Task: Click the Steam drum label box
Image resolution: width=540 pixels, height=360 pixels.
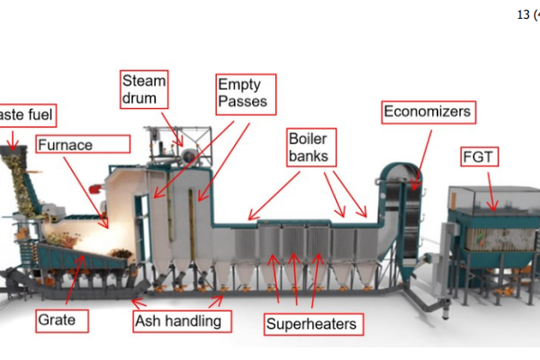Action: (x=144, y=88)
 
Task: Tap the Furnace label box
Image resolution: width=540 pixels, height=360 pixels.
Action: (x=82, y=143)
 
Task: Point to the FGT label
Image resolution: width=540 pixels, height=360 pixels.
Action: (x=480, y=158)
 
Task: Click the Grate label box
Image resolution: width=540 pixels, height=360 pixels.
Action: (x=61, y=319)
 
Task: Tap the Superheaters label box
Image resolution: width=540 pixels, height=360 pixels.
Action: (x=311, y=323)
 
